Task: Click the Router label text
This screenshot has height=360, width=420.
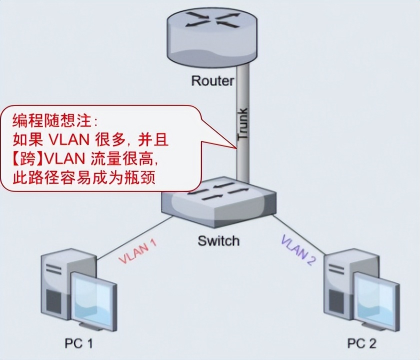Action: pos(212,80)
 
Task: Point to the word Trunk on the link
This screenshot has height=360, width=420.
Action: pos(242,125)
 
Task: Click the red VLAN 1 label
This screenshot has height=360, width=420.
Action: pos(137,251)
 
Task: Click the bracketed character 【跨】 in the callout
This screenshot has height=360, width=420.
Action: pos(27,159)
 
